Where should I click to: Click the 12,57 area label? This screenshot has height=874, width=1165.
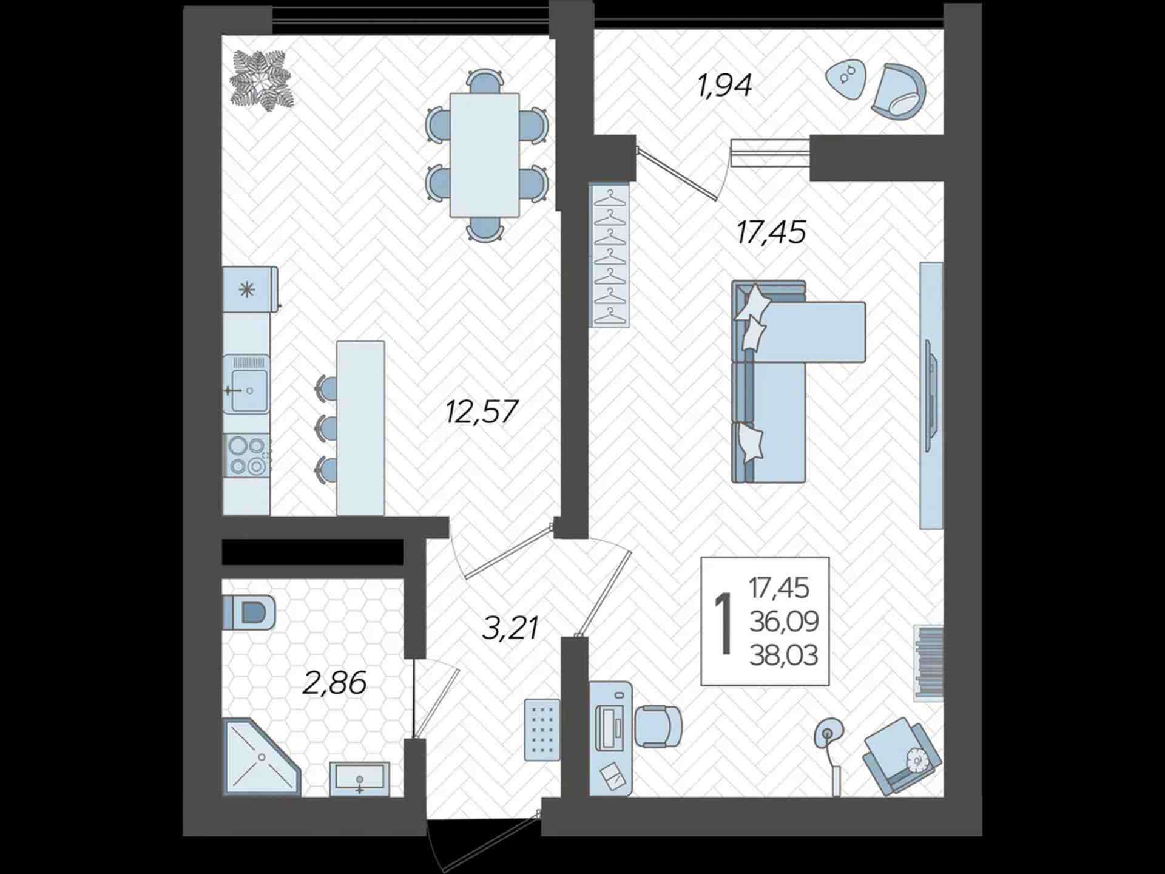(x=482, y=412)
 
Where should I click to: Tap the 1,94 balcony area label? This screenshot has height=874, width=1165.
(x=725, y=86)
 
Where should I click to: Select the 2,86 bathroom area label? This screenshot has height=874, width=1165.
(x=334, y=683)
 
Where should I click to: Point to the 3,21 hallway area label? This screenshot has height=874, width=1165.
(x=510, y=628)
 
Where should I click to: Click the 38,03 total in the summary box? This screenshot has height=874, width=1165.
(x=784, y=655)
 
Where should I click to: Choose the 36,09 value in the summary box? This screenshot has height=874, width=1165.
(x=784, y=622)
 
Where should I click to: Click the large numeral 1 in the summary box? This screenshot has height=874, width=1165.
(x=723, y=623)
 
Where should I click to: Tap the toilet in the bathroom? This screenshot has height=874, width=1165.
(x=249, y=612)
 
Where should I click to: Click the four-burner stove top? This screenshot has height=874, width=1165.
(x=247, y=455)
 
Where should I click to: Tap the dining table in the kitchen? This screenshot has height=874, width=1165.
(x=484, y=155)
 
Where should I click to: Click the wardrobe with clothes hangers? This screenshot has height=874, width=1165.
(x=609, y=256)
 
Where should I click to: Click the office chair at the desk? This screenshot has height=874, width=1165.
(x=658, y=726)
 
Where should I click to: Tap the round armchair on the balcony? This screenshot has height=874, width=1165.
(x=899, y=91)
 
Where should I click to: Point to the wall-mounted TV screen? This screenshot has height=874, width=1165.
(x=931, y=396)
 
